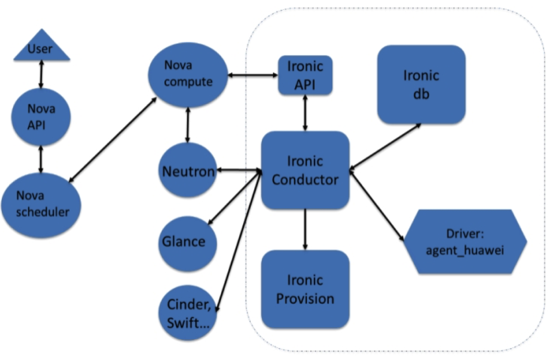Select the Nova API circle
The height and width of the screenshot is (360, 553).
tap(41, 117)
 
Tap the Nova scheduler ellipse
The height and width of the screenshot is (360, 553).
tap(41, 205)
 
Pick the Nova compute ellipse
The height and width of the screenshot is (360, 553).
tap(188, 75)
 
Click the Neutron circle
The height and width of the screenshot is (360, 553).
tap(188, 170)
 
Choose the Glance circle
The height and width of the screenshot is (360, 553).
tap(188, 244)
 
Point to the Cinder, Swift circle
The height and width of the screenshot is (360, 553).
tap(188, 313)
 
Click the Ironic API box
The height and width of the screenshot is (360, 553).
tap(305, 75)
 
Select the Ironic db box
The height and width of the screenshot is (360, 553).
tap(421, 84)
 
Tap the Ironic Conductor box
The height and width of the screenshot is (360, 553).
tap(305, 170)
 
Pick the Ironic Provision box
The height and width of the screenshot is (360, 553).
tap(305, 290)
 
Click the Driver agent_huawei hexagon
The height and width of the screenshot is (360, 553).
tap(465, 241)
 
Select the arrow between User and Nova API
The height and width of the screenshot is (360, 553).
tap(41, 74)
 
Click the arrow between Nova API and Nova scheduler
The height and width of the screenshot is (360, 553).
tap(41, 159)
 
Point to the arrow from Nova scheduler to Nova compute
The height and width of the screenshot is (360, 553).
tap(113, 140)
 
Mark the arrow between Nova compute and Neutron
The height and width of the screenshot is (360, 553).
tap(188, 125)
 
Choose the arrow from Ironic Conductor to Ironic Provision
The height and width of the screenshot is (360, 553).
tap(305, 230)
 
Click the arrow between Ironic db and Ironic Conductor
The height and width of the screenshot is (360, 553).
tap(385, 147)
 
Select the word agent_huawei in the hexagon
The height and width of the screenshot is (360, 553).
tap(465, 250)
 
